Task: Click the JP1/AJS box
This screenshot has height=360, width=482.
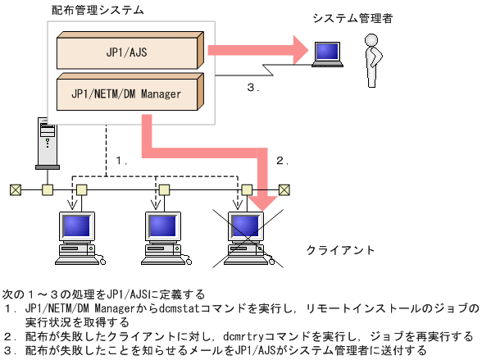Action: tap(128, 52)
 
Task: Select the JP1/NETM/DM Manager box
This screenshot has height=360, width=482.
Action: tap(128, 93)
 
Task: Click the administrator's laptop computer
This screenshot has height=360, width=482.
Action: tap(328, 55)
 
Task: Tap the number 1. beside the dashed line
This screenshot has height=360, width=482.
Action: tap(120, 161)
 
